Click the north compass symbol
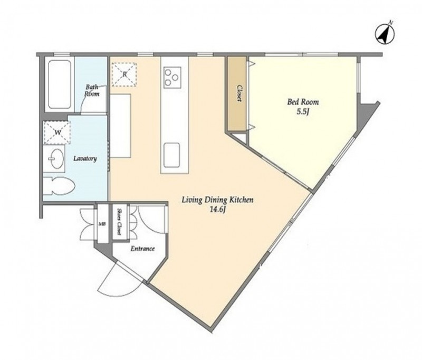click(x=385, y=34)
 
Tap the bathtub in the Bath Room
click(x=60, y=84)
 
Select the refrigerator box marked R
click(x=124, y=74)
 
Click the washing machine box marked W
click(x=57, y=132)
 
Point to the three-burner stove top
click(x=172, y=77)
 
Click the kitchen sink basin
click(x=172, y=155)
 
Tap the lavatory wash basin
click(x=57, y=159)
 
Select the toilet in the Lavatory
click(x=59, y=186)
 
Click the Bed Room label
click(x=303, y=102)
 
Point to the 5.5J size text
click(x=302, y=112)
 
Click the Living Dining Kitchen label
click(x=218, y=200)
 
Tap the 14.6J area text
click(x=217, y=210)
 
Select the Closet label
click(x=239, y=93)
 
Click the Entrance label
click(x=142, y=249)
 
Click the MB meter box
click(x=102, y=224)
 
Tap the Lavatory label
click(x=85, y=158)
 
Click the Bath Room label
click(x=92, y=90)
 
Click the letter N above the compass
click(x=391, y=23)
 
